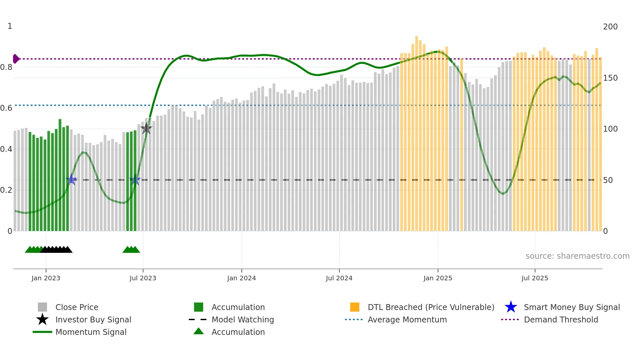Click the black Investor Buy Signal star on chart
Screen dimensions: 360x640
(x=146, y=128)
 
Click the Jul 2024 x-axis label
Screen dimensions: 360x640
(x=339, y=278)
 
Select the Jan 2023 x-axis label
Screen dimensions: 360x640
(x=46, y=278)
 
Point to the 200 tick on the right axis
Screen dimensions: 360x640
(x=610, y=27)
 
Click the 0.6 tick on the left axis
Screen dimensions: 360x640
(x=6, y=108)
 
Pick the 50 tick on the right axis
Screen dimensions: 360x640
(x=608, y=180)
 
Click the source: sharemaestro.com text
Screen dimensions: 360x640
(x=577, y=256)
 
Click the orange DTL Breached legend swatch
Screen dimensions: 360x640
(x=355, y=307)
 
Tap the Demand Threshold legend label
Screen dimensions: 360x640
(x=561, y=319)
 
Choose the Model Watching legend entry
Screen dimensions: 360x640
(x=242, y=319)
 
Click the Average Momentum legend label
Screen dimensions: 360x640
(x=407, y=319)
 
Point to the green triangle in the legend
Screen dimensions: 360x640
(x=199, y=331)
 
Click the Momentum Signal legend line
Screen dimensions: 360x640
(x=42, y=332)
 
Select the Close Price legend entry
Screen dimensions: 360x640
(x=76, y=307)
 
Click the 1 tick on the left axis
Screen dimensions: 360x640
(x=10, y=26)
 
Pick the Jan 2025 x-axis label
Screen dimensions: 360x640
(x=438, y=278)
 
